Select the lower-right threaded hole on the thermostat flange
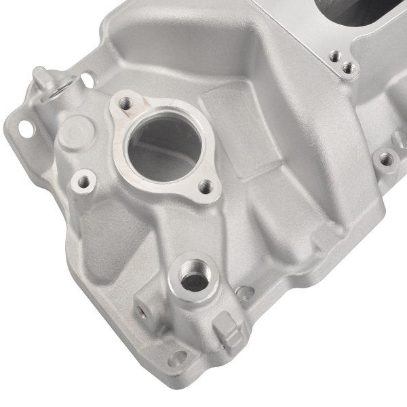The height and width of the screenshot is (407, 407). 203,185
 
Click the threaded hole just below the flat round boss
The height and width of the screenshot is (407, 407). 83,181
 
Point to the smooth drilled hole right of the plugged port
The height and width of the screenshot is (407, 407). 242,293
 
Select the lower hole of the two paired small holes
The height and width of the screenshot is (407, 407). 348,66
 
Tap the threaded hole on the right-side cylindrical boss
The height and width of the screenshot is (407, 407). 385,160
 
